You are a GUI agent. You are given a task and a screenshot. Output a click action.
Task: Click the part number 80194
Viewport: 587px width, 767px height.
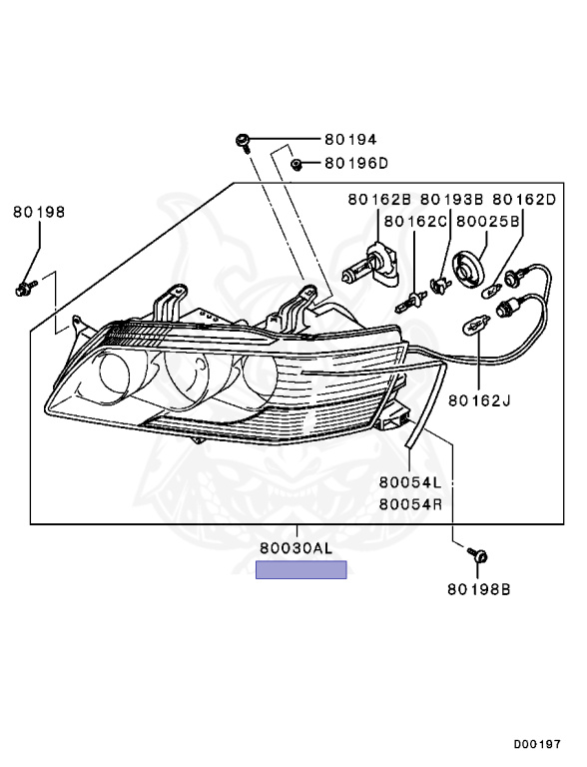point(350,140)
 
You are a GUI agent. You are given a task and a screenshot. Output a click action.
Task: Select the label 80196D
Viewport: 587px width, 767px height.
point(356,163)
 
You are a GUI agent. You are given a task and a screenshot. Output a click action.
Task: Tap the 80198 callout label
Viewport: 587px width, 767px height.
point(39,212)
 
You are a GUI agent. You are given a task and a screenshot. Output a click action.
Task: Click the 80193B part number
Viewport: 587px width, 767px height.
point(452,199)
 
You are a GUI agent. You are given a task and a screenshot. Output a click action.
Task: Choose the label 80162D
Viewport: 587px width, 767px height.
point(524,199)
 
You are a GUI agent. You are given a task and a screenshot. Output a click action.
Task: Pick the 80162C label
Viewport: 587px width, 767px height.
point(416,222)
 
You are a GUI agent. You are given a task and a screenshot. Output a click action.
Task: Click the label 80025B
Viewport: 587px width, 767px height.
point(488,222)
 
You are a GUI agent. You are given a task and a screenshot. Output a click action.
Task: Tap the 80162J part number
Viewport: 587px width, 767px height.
point(480,400)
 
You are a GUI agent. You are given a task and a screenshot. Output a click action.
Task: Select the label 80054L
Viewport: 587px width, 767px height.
point(410,482)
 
